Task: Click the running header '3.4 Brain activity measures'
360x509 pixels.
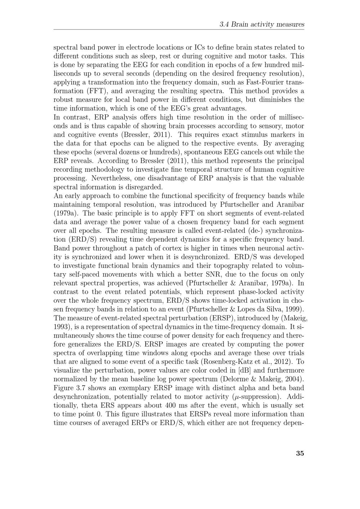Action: pos(262,24)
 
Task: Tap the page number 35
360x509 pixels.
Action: pos(300,453)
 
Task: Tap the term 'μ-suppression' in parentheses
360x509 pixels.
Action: pos(255,397)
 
